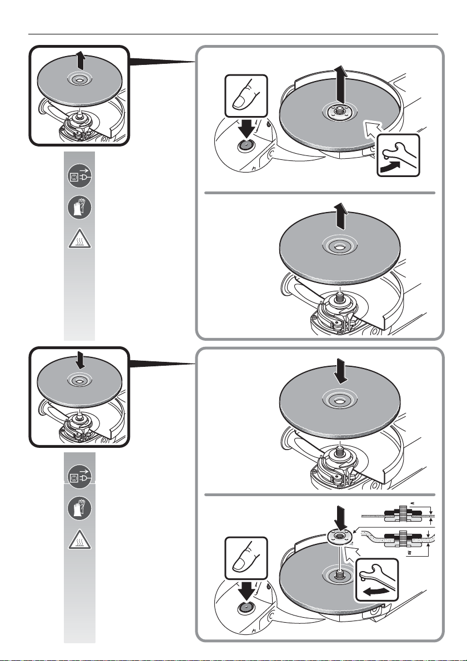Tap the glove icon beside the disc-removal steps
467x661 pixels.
coord(78,209)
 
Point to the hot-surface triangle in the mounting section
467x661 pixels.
coord(78,541)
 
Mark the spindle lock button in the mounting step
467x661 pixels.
coord(244,608)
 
